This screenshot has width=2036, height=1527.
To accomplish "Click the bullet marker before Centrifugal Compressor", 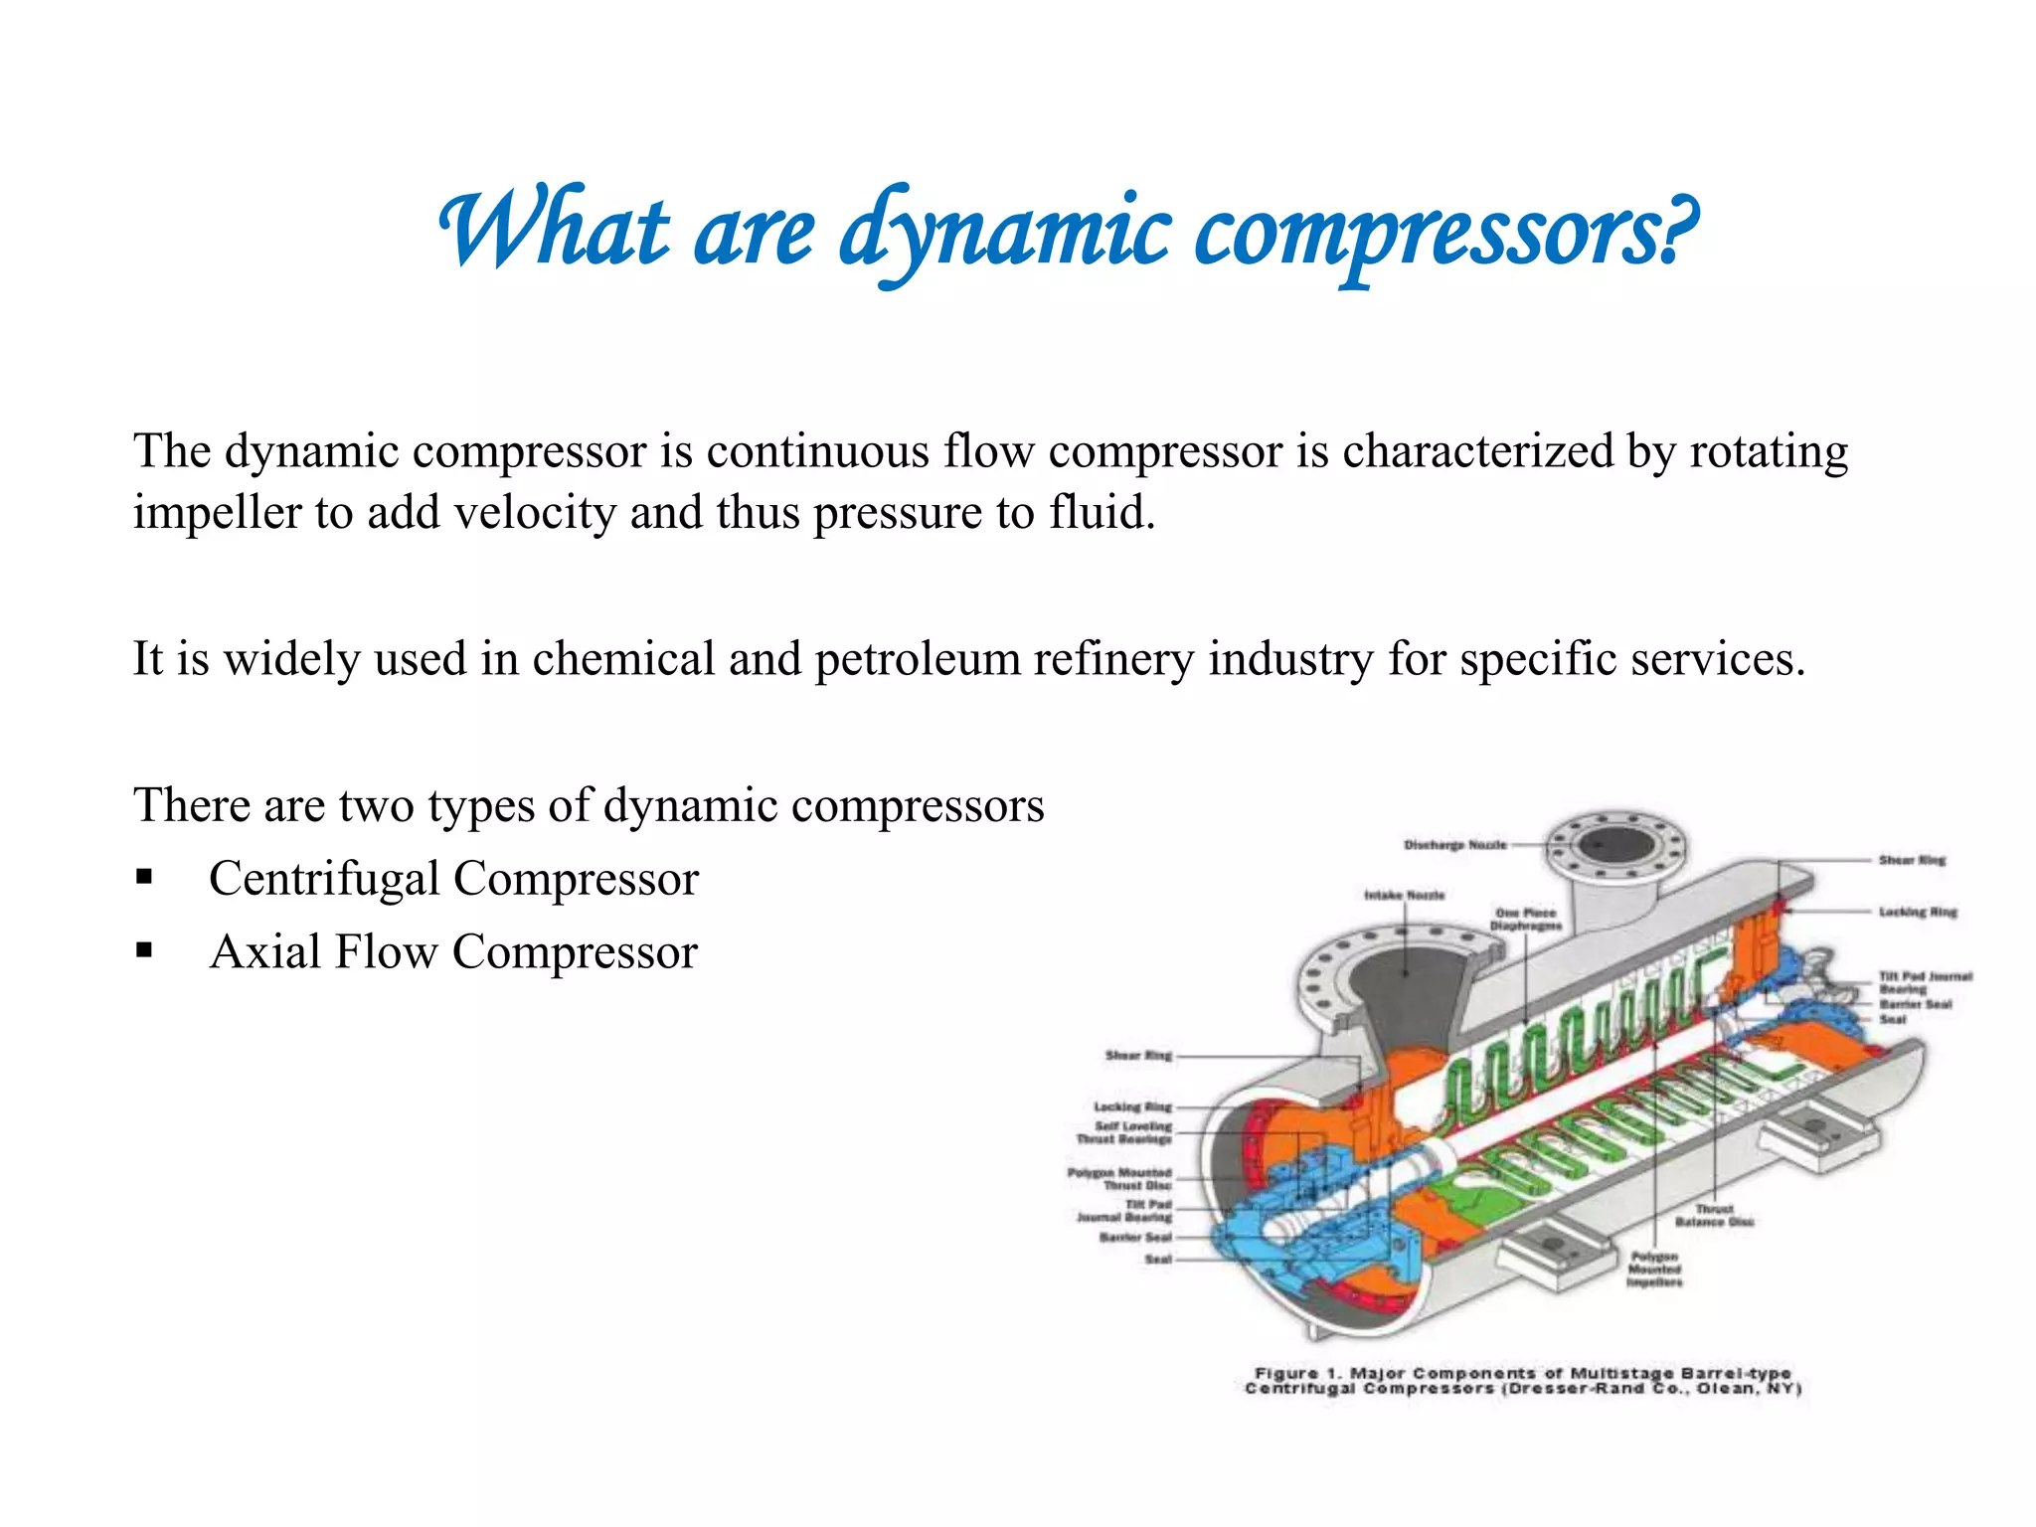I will click(145, 877).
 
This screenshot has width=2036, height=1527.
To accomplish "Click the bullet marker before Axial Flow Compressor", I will click(145, 950).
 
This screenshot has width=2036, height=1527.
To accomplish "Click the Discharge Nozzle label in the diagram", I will click(1454, 845).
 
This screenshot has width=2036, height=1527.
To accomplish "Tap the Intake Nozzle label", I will click(1404, 895).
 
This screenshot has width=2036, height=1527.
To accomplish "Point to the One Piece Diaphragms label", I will click(1525, 919).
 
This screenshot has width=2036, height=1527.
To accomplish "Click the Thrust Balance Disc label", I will click(1714, 1215).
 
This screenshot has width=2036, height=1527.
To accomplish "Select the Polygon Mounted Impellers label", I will click(1654, 1270).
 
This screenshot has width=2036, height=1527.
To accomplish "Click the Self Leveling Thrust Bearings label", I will click(1124, 1132).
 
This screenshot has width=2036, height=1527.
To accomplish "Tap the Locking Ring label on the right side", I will click(1917, 912).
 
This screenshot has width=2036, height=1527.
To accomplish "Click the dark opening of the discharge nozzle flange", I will click(1616, 845).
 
